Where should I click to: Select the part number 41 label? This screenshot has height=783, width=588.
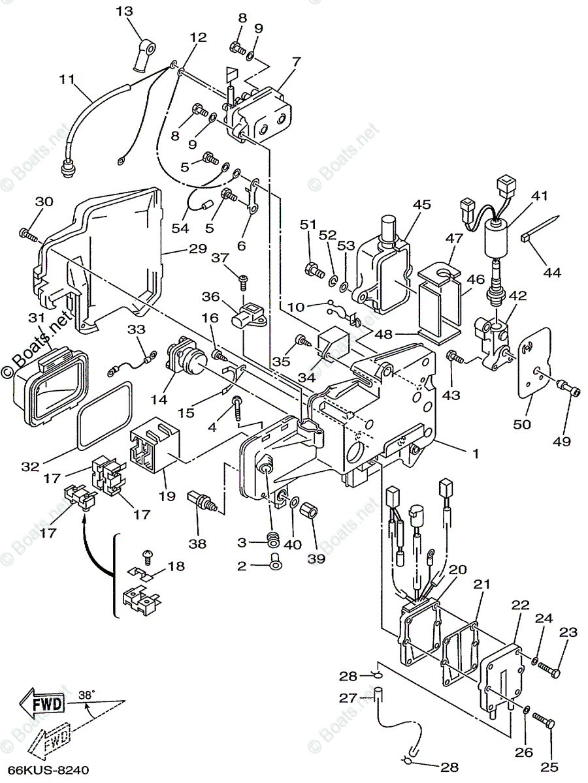point(539,196)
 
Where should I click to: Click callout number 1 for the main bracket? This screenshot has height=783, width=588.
point(476,453)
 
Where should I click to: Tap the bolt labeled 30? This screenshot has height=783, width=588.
point(27,232)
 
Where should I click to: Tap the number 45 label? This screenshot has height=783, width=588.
point(421,204)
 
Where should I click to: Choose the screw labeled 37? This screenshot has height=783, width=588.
point(243,281)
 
